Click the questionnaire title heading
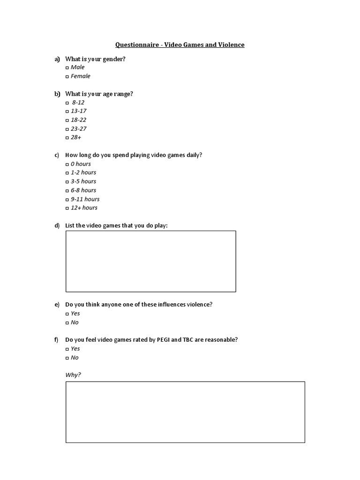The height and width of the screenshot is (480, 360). [180, 45]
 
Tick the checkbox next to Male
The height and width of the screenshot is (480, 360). [67, 67]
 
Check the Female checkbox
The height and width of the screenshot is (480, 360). [67, 76]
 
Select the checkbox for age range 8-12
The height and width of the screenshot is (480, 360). [67, 103]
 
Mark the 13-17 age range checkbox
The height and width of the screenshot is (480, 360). [67, 112]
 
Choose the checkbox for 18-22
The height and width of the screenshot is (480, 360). [67, 120]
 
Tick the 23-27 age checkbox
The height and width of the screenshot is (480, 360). [67, 129]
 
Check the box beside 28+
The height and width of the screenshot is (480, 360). [67, 138]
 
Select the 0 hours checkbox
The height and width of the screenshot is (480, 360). [67, 165]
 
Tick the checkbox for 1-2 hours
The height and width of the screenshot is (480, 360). [67, 173]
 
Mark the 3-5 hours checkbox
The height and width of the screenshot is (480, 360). [67, 182]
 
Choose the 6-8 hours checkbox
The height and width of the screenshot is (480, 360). [67, 191]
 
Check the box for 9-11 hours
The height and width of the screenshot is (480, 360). [67, 200]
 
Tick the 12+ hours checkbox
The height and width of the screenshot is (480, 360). [67, 208]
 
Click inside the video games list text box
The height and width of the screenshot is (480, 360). [150, 261]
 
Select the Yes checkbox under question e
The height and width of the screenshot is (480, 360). [67, 314]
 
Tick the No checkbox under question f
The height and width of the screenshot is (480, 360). [67, 358]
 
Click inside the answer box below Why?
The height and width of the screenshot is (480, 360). [185, 412]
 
